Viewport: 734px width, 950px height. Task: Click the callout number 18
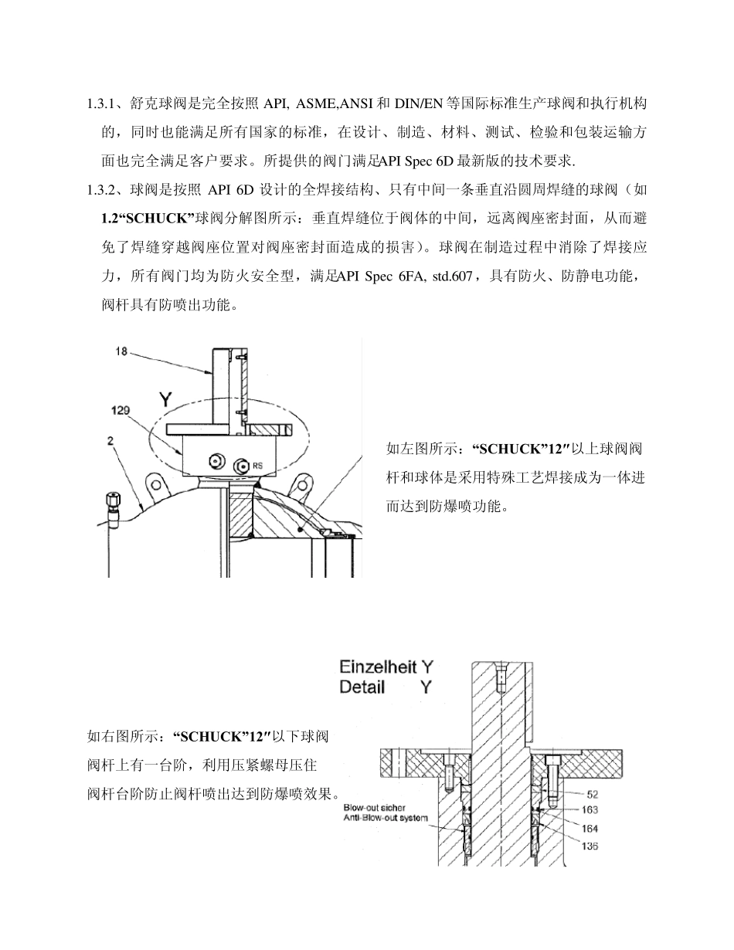click(121, 351)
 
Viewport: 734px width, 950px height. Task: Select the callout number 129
click(121, 410)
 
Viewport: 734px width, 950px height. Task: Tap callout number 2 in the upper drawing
click(111, 440)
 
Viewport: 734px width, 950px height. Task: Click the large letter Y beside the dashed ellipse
click(165, 399)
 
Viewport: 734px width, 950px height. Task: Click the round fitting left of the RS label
click(216, 462)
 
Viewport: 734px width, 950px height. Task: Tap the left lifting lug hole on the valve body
click(156, 485)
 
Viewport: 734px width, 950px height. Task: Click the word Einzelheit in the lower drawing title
click(379, 667)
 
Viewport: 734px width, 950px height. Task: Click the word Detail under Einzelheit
click(362, 687)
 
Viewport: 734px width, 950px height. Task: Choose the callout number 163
click(590, 810)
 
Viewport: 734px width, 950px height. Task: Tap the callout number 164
click(590, 828)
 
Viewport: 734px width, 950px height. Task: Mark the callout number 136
click(590, 847)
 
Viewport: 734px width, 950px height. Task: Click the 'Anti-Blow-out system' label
click(385, 817)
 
